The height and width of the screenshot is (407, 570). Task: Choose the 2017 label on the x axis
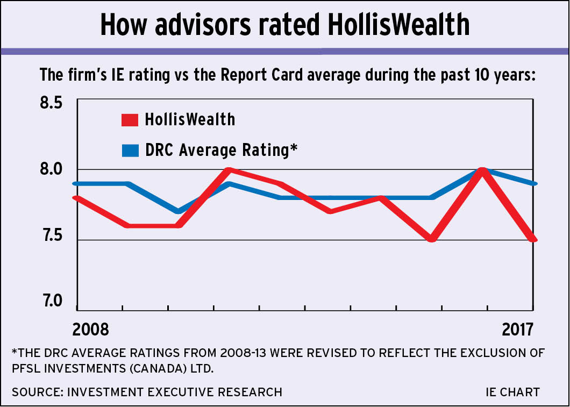(517, 329)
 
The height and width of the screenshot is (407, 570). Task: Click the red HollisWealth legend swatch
(130, 119)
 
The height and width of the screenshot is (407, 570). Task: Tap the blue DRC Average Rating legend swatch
(130, 149)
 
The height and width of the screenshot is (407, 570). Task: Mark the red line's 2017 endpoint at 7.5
(532, 239)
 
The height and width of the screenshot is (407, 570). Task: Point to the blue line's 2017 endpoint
(532, 184)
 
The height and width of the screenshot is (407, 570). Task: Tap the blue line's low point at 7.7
(179, 211)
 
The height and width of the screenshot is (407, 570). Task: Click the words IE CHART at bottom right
(512, 392)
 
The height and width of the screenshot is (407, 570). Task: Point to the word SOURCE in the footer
(36, 392)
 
